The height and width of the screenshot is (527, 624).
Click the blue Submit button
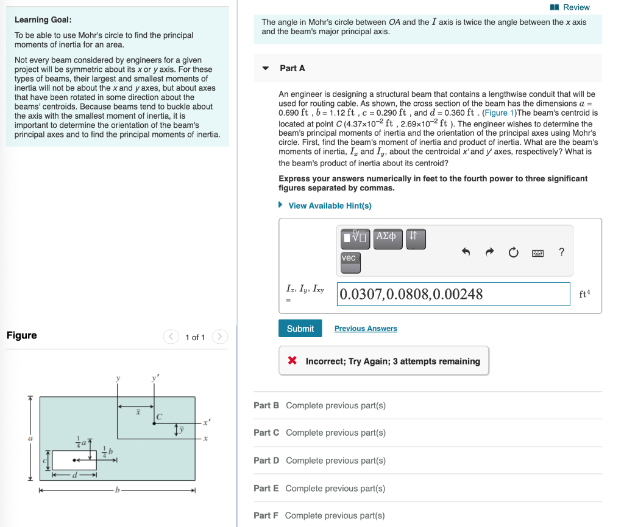click(300, 329)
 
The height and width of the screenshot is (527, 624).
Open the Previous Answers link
click(366, 329)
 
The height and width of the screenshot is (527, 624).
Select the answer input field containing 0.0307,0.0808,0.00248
click(453, 295)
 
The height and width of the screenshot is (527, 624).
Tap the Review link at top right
click(571, 7)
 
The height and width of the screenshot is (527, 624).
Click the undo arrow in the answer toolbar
click(466, 252)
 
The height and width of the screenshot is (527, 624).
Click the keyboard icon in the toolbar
click(537, 252)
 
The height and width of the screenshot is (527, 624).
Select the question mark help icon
click(561, 252)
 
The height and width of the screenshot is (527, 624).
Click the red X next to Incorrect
click(292, 361)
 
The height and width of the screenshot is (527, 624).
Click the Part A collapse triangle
click(266, 68)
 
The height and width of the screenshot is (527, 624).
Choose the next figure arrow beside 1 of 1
click(221, 337)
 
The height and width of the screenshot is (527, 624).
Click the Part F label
click(266, 515)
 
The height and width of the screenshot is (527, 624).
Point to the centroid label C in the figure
click(159, 417)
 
